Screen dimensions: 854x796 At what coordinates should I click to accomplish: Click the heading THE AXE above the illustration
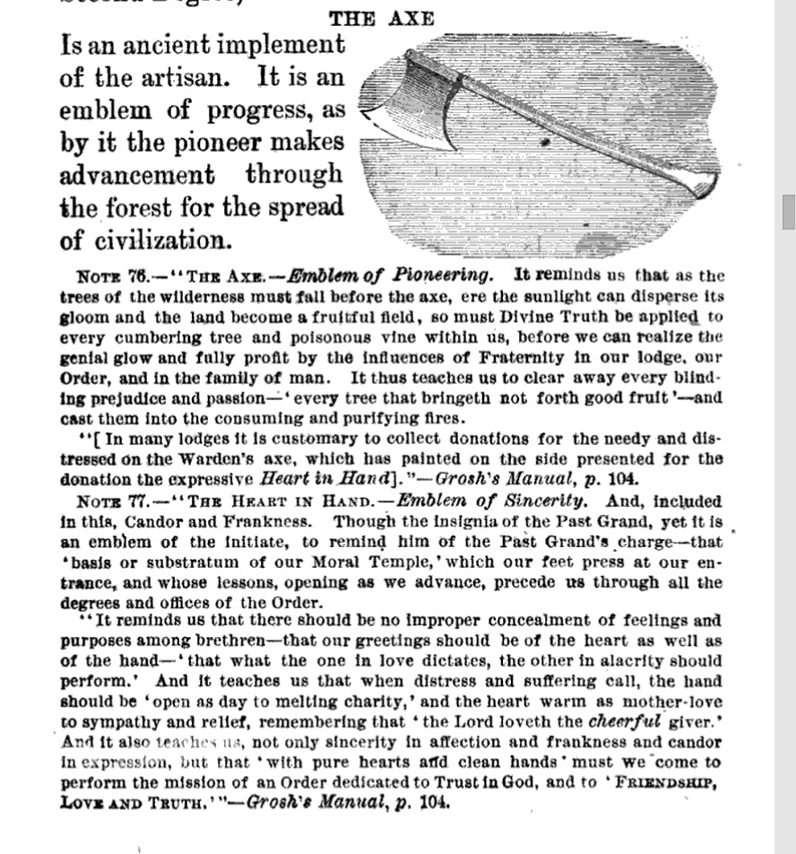click(x=382, y=19)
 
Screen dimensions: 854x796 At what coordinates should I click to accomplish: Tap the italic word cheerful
click(x=626, y=720)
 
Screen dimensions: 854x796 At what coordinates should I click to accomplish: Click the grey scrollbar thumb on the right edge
click(x=788, y=212)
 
